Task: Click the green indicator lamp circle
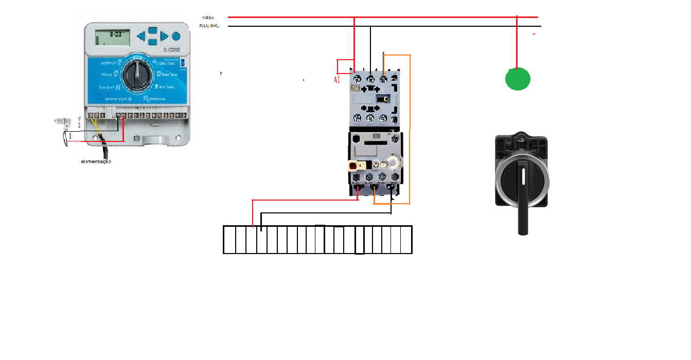point(518,79)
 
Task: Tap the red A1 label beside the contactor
point(337,80)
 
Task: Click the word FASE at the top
point(208,17)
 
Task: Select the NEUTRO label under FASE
point(209,26)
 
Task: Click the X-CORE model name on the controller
point(171,50)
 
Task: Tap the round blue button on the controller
point(176,37)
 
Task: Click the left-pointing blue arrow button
point(140,37)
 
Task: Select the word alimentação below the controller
point(96,161)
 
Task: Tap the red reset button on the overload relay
point(353,166)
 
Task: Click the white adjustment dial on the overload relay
point(393,163)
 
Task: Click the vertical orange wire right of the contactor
point(410,129)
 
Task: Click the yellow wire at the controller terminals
point(96,125)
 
